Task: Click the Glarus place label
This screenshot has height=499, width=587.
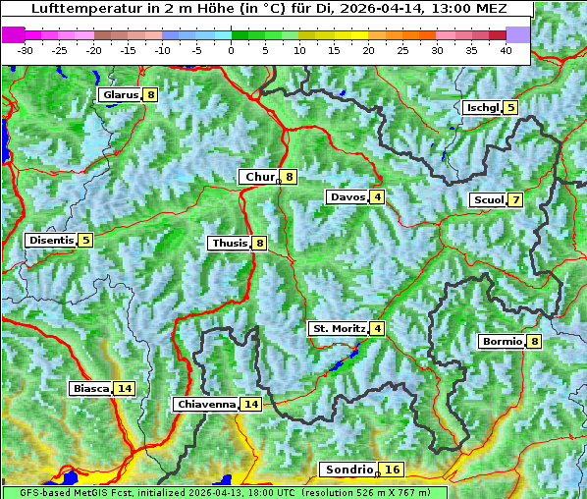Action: coord(119,95)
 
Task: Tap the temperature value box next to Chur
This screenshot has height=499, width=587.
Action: coord(290,177)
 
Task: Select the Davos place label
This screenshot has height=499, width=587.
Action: coord(347,197)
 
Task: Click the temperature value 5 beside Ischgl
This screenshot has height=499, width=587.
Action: coord(510,107)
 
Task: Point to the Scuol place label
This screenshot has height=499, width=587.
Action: coord(488,200)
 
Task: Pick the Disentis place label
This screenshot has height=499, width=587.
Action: coord(51,240)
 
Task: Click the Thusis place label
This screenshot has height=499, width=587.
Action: coord(229,243)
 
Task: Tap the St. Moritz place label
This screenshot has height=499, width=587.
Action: coord(339,328)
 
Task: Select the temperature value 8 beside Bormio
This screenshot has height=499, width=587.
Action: coord(534,342)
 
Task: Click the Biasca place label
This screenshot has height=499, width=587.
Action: coord(90,389)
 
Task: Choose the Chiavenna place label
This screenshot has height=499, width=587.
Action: coord(206,404)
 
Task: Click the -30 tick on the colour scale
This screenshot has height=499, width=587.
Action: coord(26,50)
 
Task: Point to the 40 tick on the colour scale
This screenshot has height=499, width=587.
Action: coord(506,50)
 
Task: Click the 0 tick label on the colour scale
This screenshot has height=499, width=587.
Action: coord(231,50)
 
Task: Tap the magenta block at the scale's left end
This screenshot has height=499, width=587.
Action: coord(14,34)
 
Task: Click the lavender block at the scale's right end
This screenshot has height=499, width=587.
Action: coord(518,34)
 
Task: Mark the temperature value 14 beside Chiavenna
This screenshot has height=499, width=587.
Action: coord(251,404)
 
